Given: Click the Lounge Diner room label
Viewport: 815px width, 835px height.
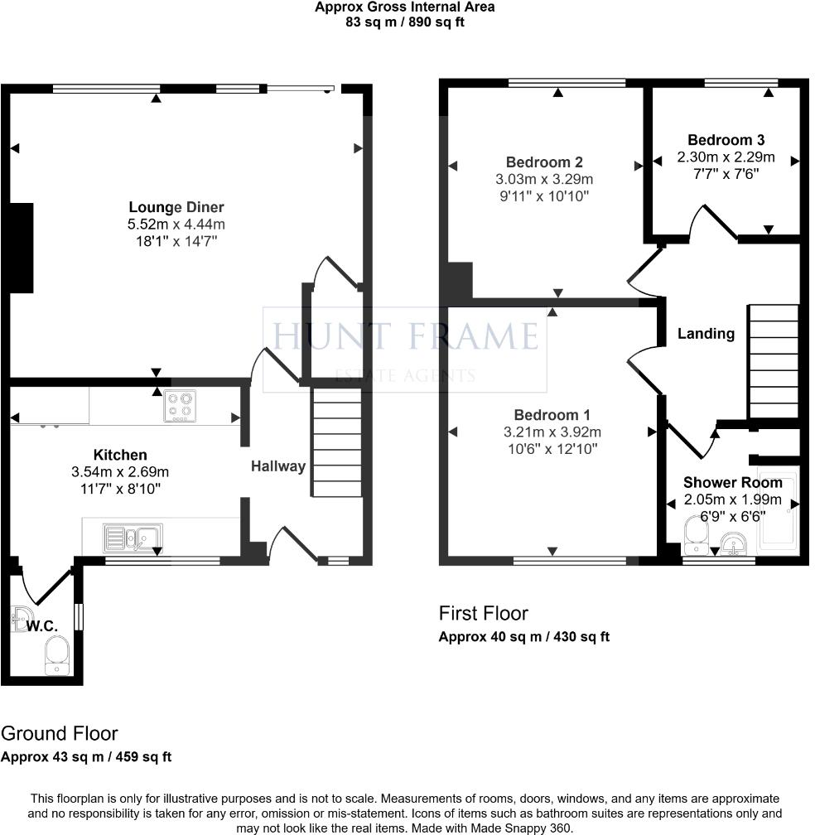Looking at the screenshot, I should pyautogui.click(x=176, y=207).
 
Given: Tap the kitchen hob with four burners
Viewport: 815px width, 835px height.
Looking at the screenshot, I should pyautogui.click(x=180, y=407).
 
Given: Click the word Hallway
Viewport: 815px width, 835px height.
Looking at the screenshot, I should pyautogui.click(x=278, y=466).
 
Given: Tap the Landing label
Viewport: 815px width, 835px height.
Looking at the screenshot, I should pyautogui.click(x=706, y=334).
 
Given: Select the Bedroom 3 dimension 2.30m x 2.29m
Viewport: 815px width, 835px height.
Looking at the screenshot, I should pyautogui.click(x=726, y=157).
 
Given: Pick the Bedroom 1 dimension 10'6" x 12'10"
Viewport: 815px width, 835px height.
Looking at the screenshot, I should pyautogui.click(x=552, y=449).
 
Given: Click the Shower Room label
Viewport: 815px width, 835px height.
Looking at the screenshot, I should pyautogui.click(x=732, y=482).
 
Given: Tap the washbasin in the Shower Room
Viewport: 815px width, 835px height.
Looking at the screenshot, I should pyautogui.click(x=732, y=543).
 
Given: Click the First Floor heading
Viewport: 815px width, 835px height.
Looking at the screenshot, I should pyautogui.click(x=483, y=614).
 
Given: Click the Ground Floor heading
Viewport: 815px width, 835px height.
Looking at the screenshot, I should pyautogui.click(x=59, y=733).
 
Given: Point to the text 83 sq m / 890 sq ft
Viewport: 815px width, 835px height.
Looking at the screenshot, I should pyautogui.click(x=405, y=22).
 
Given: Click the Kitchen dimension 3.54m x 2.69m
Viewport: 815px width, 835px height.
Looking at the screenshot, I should pyautogui.click(x=120, y=472).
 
